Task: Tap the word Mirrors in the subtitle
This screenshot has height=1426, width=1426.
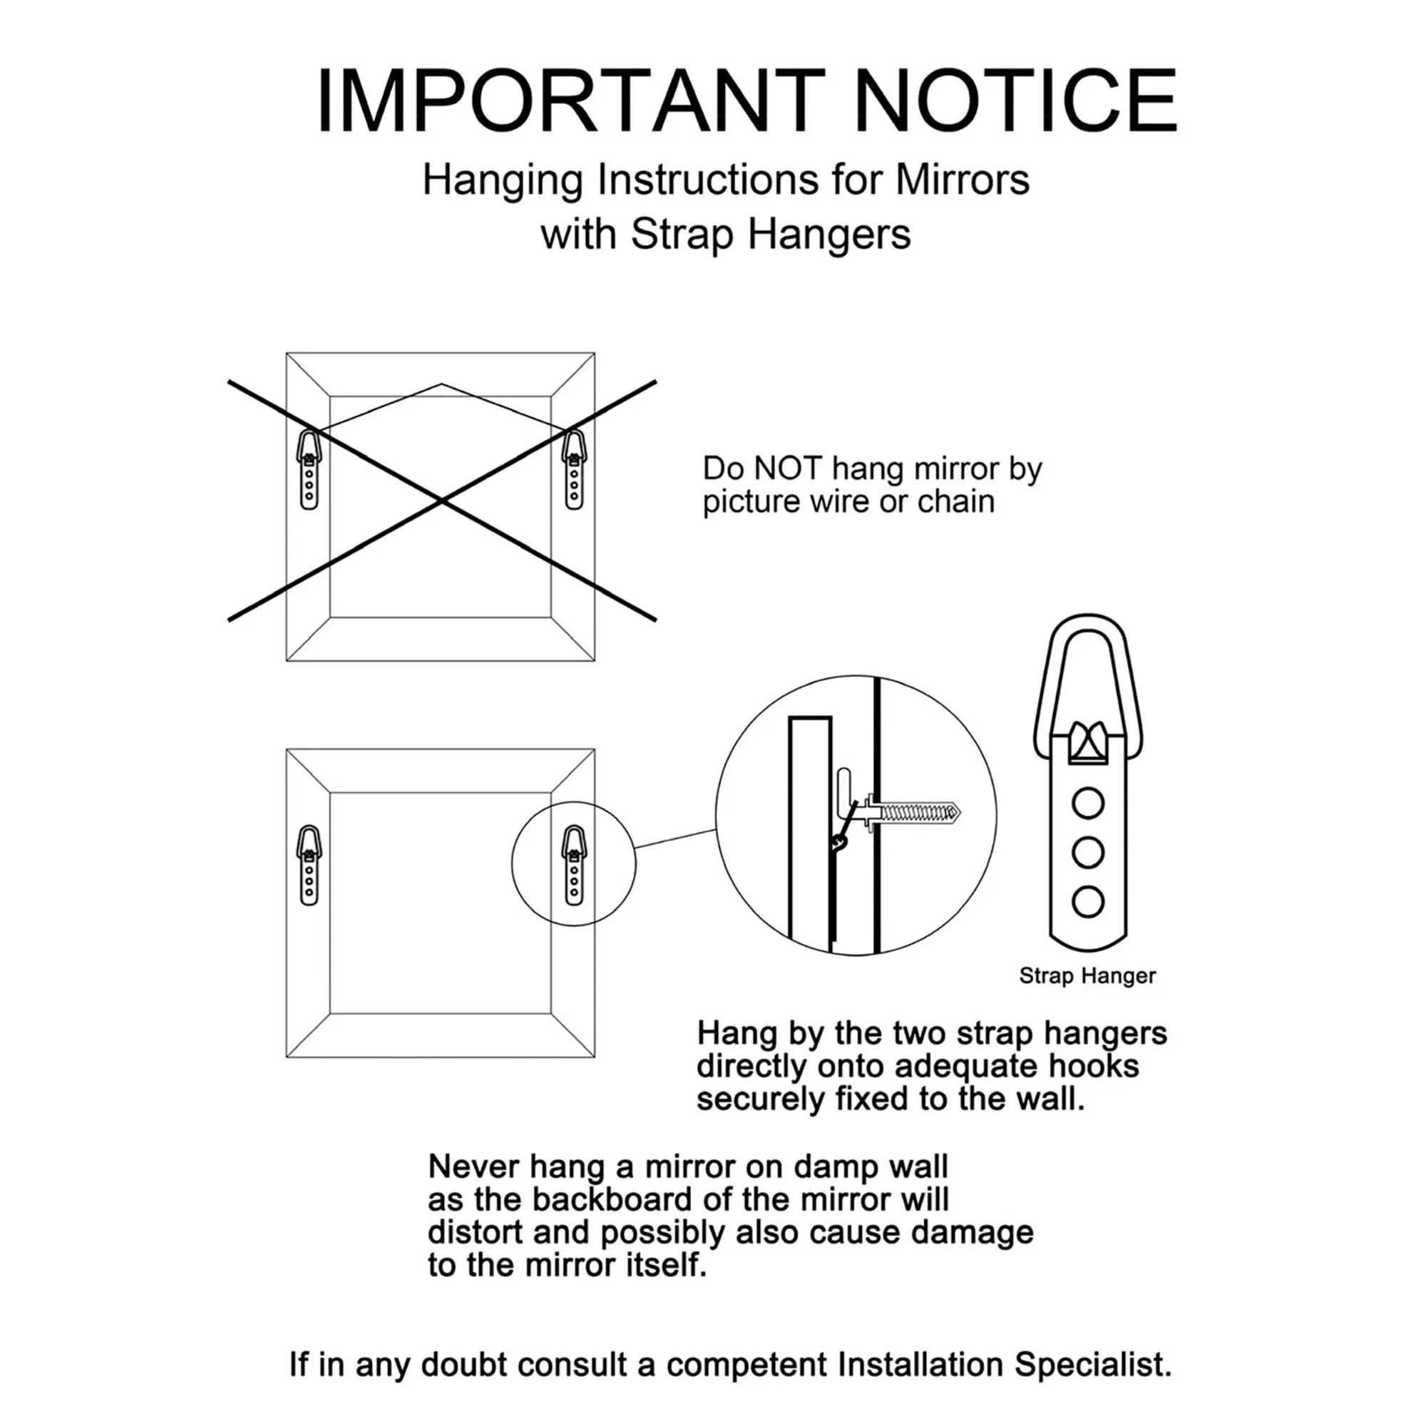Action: pos(962,180)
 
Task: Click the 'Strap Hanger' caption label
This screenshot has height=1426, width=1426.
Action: pos(1087,976)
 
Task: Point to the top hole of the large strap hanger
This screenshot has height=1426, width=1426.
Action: pos(1088,803)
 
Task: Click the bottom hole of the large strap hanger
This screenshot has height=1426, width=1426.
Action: pos(1088,902)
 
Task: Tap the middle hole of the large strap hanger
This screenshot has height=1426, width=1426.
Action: pos(1088,853)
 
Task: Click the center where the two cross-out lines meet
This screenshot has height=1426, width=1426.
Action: pos(441,501)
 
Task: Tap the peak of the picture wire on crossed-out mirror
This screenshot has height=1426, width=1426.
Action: pos(441,384)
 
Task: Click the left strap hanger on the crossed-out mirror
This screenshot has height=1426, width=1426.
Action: pos(309,469)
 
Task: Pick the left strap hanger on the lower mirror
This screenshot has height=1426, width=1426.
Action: pos(309,865)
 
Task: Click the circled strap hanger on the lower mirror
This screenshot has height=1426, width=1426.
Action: pos(574,865)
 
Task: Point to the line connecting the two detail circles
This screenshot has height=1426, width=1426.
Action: pos(675,838)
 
